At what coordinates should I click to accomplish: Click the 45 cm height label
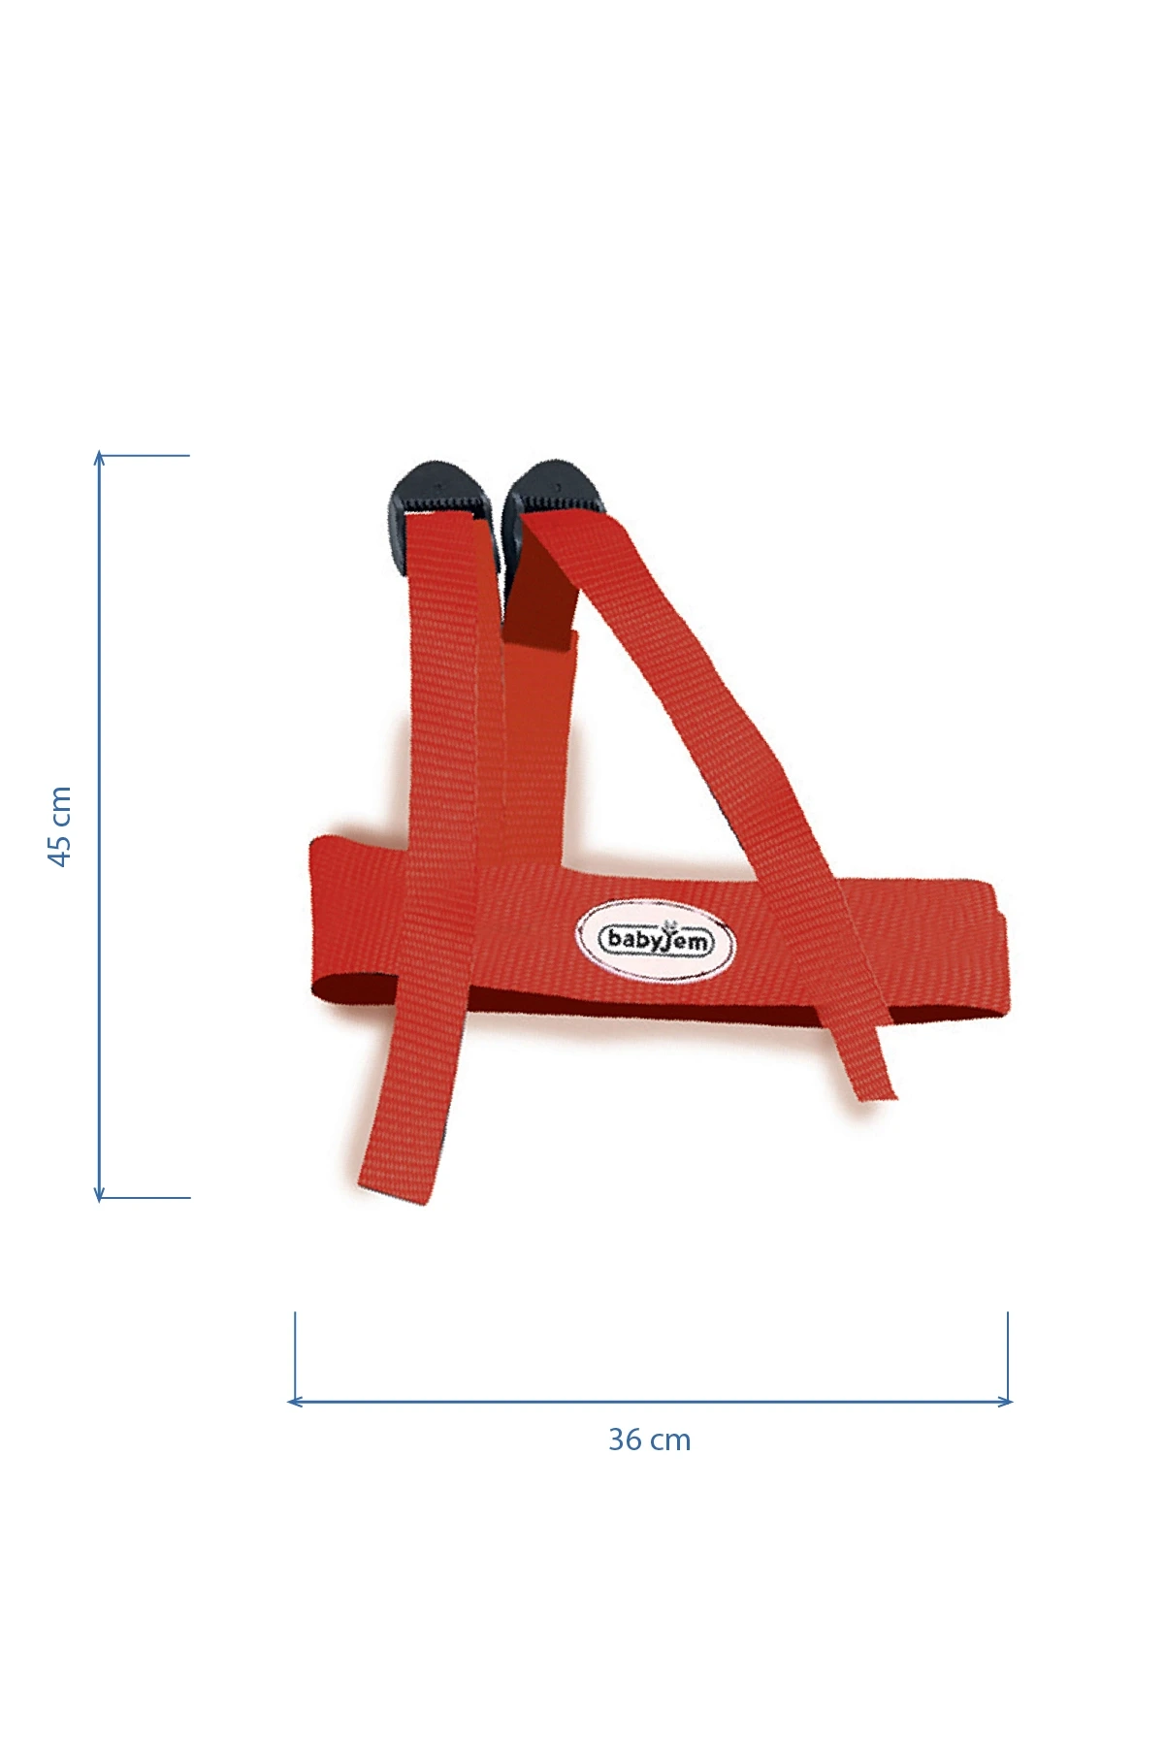coord(60,826)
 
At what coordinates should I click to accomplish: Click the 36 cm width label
coord(650,1440)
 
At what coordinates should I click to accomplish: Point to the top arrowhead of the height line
coord(98,457)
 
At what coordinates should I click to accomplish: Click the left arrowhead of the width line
coord(294,1401)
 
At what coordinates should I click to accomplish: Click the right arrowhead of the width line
coord(1006,1401)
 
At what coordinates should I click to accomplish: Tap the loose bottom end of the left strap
coord(393,1189)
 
